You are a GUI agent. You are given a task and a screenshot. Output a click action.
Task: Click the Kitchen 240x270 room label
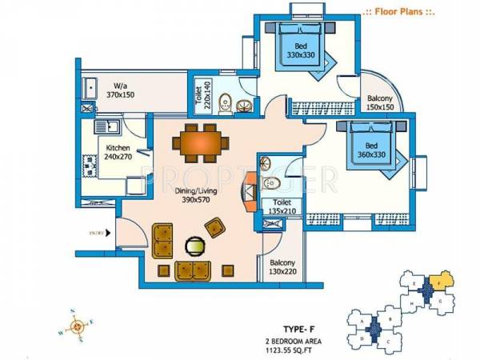tap(118, 152)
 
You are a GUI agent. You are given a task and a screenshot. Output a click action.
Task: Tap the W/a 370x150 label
tap(122, 89)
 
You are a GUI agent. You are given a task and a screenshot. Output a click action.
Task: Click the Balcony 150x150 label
tap(381, 103)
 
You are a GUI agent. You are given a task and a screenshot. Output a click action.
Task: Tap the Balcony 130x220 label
tap(282, 267)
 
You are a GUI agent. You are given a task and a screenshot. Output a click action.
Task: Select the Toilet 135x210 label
tap(282, 207)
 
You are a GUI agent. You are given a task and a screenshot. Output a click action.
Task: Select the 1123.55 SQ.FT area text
tap(300, 349)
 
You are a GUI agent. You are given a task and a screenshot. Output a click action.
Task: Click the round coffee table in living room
tap(194, 246)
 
